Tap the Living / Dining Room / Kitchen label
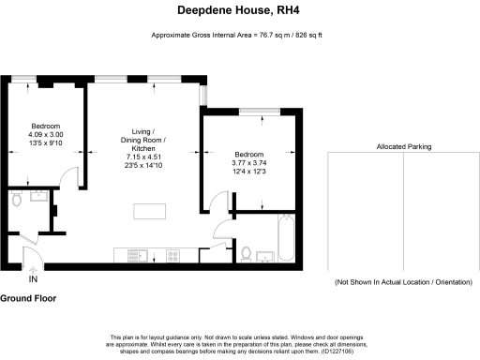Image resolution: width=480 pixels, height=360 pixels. point(142,141)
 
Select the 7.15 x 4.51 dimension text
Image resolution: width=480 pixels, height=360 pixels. point(142,157)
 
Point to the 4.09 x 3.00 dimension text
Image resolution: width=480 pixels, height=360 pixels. point(45,136)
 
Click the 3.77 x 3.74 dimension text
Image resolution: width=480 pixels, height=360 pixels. point(249,164)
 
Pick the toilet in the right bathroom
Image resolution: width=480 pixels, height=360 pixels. point(246,252)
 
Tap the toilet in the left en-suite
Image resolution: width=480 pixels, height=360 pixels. point(16,201)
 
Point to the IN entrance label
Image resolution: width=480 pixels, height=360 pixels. point(34,279)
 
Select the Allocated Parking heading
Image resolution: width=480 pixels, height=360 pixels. point(403,146)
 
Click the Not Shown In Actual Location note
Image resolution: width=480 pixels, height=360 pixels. point(403,282)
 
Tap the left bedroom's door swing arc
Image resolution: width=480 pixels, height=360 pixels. point(67,174)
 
